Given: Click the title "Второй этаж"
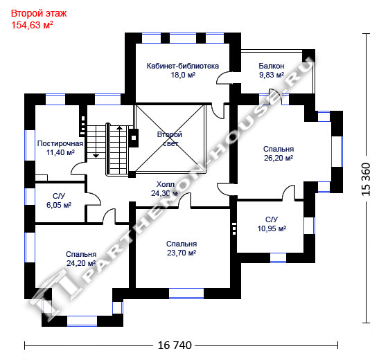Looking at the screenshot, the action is click(39, 14).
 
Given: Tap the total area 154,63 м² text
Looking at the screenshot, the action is click(32, 25).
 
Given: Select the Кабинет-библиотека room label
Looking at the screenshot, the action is click(183, 66).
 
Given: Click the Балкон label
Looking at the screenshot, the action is click(272, 66).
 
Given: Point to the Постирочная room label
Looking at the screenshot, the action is click(60, 144).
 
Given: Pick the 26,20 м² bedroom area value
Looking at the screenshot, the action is click(279, 158).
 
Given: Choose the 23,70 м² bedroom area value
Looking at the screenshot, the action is click(182, 253).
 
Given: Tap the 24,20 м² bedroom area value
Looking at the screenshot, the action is click(81, 263).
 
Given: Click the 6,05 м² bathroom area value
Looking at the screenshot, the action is click(59, 205).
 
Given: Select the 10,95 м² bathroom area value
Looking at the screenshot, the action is click(272, 228).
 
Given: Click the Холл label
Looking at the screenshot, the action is click(166, 184).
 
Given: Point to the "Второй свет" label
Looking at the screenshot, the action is click(170, 139).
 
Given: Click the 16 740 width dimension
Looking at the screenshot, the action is click(175, 345).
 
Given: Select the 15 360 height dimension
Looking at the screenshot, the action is click(367, 179).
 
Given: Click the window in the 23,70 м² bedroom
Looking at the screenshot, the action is click(186, 294).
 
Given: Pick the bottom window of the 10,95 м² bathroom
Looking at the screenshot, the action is click(278, 258).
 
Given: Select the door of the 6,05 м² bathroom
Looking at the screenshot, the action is click(94, 198).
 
